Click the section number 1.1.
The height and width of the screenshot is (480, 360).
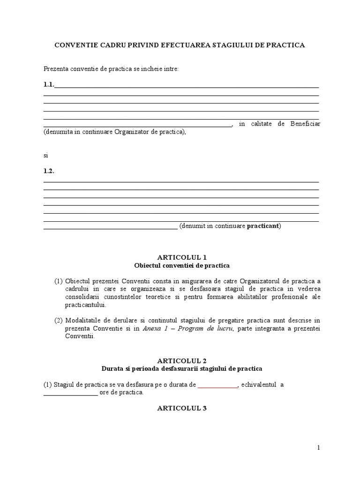49,85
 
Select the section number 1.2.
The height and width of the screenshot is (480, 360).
49,171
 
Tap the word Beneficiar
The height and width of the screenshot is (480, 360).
305,124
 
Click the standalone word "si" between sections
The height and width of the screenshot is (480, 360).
46,155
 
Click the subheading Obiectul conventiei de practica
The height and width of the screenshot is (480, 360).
182,265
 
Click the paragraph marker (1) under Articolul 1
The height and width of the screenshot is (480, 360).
58,281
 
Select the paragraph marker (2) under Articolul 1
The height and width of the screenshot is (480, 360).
58,320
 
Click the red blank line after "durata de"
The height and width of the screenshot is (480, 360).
218,385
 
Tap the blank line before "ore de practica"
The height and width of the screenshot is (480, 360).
71,393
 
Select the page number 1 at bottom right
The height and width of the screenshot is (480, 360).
319,448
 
